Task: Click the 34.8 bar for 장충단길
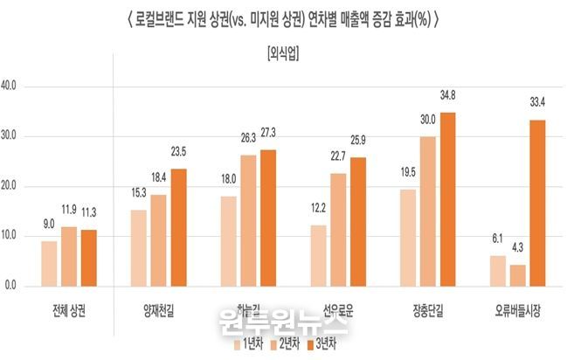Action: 447,199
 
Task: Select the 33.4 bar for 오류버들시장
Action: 537,203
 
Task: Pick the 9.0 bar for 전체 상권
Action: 50,263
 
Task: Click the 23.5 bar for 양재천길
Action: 179,227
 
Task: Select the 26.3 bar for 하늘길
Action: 249,220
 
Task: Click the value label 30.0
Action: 427,119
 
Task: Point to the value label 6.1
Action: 498,239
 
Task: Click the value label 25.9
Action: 357,140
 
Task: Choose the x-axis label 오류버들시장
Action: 518,308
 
